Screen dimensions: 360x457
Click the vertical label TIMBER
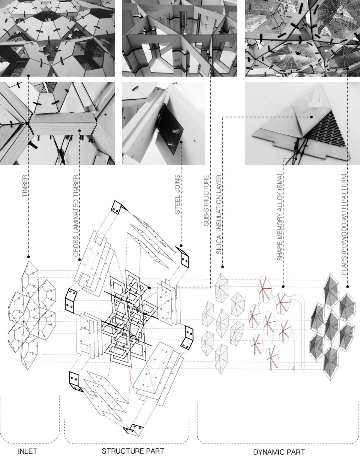point(25,186)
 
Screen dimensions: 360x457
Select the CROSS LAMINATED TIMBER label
point(76,216)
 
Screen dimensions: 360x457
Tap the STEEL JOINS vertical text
point(177,194)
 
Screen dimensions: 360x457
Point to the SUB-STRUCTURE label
point(206,201)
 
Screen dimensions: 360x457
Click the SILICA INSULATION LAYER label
point(219,215)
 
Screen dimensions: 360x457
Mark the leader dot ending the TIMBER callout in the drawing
point(28,257)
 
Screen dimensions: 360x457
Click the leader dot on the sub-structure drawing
point(150,288)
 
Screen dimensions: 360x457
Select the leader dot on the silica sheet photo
point(311,117)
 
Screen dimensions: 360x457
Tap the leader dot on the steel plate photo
point(181,142)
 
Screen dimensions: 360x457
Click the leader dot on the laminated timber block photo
point(79,130)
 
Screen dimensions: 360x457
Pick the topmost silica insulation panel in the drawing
point(222,288)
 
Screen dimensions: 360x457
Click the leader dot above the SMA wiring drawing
point(283,287)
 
